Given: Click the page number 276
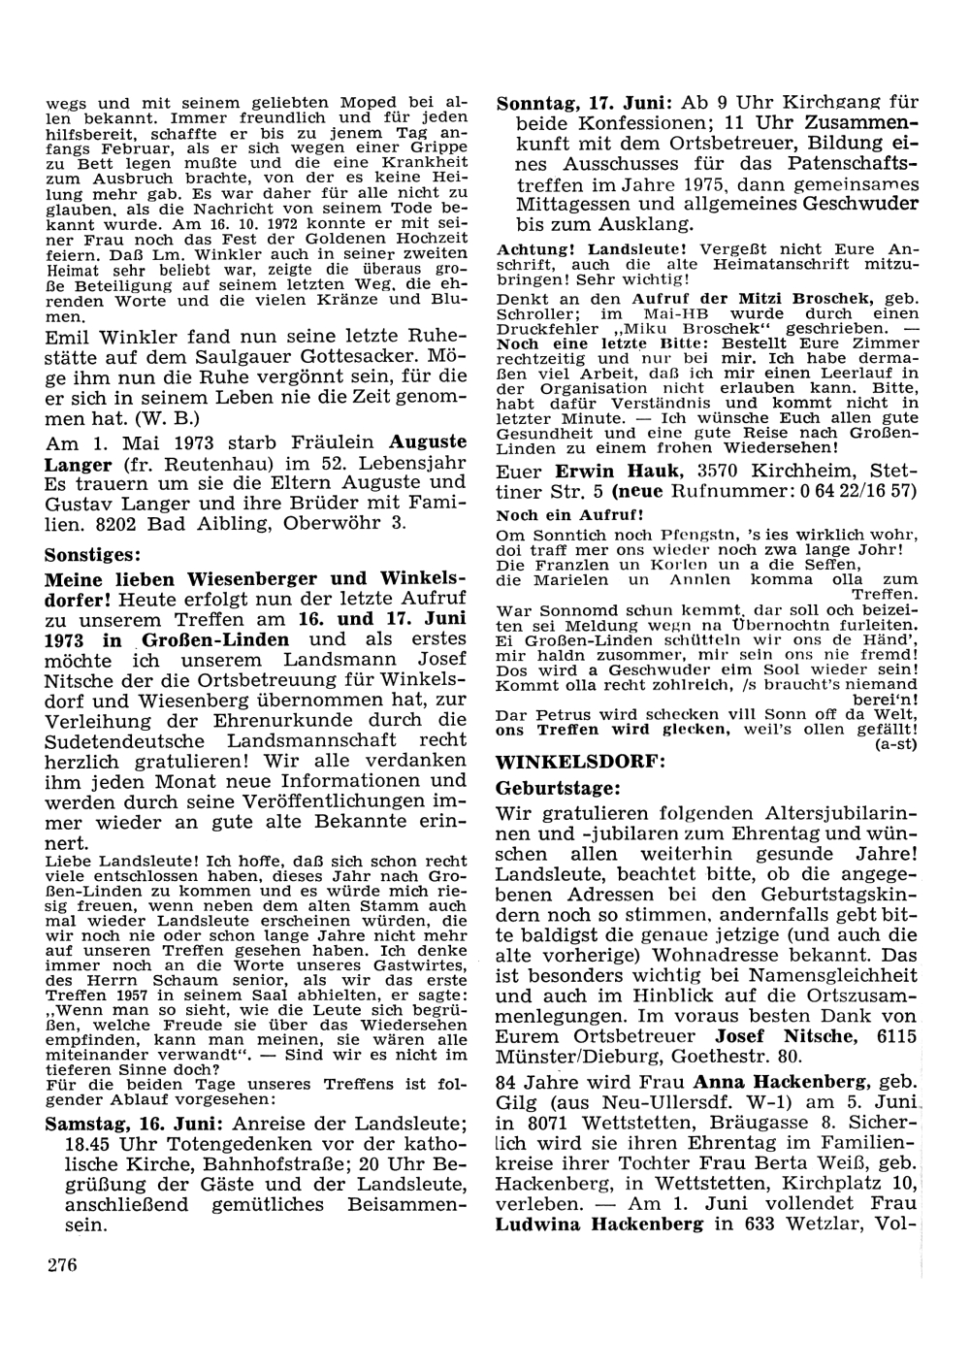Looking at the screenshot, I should tap(61, 1264).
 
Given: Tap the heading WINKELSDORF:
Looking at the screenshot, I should tap(580, 762).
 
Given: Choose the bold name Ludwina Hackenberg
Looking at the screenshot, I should tap(599, 1224).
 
